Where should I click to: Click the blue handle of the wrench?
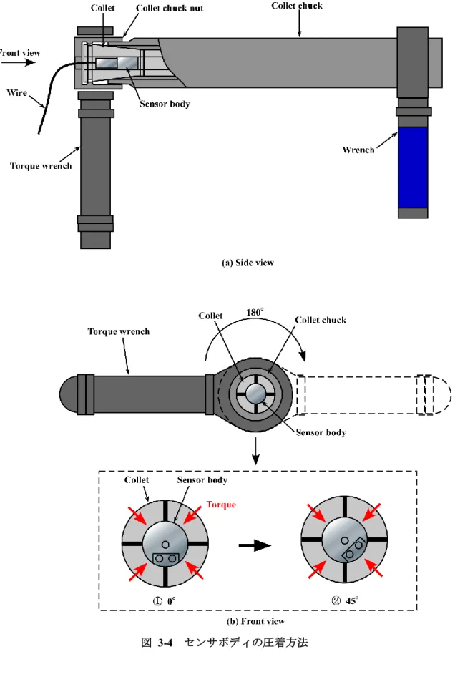pos(413,167)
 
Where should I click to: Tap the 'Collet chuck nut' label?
pos(170,8)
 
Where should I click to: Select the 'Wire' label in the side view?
pos(16,92)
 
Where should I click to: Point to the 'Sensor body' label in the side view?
pos(165,104)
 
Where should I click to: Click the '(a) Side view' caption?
pos(248,263)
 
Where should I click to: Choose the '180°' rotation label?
pos(255,312)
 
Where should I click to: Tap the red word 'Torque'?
pos(221,505)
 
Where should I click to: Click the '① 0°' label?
pos(164,600)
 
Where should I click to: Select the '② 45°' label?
pos(345,600)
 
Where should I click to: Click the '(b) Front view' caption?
pos(255,621)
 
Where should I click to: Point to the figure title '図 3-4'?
pos(157,643)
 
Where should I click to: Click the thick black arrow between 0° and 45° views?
pos(255,545)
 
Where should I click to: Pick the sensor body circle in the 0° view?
pos(165,545)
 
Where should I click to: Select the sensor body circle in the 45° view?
pos(345,540)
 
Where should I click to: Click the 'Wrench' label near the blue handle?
pos(358,150)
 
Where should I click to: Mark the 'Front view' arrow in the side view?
pos(18,62)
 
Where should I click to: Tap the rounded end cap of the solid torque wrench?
pos(68,394)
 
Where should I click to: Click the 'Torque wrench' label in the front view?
pos(119,331)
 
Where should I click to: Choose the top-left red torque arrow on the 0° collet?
pos(137,515)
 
